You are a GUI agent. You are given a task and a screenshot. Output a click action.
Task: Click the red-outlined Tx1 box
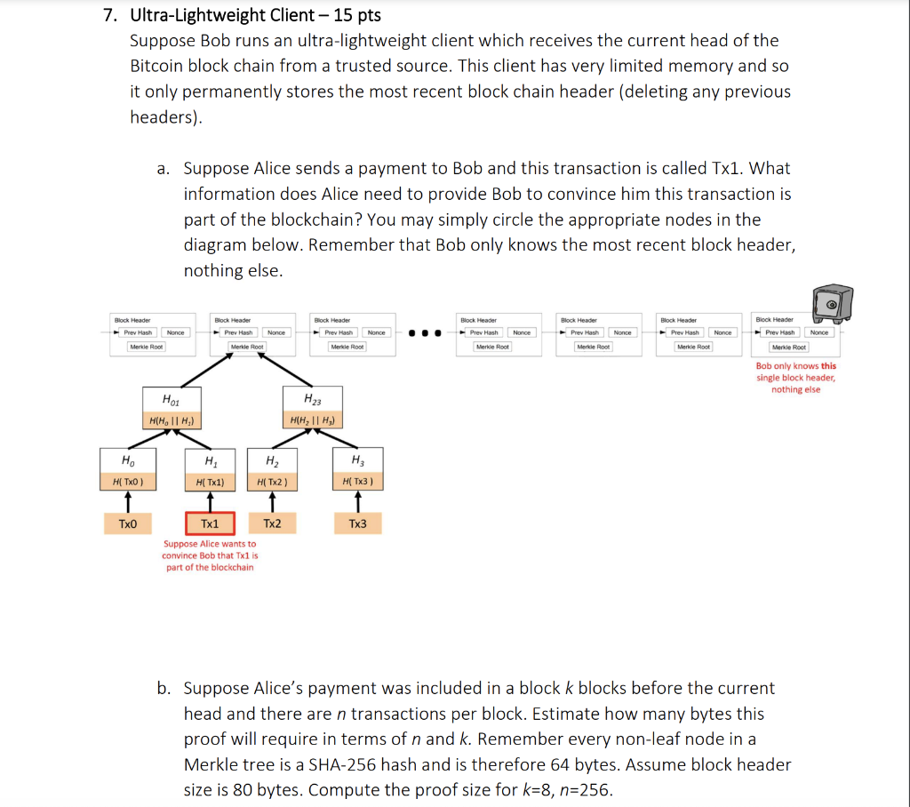210,523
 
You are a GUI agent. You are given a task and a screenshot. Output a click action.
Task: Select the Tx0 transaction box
128,523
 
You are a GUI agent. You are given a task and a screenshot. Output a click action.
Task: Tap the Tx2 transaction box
272,523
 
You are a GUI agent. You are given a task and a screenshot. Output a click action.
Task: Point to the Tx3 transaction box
357,523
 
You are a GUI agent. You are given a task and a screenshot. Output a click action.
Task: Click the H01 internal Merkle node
172,410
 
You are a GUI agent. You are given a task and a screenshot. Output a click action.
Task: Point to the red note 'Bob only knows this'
795,366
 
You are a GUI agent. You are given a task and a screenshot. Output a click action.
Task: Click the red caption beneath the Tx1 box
210,555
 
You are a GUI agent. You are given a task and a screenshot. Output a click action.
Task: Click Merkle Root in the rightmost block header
789,347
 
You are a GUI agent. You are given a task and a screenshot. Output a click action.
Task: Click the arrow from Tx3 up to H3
357,501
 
